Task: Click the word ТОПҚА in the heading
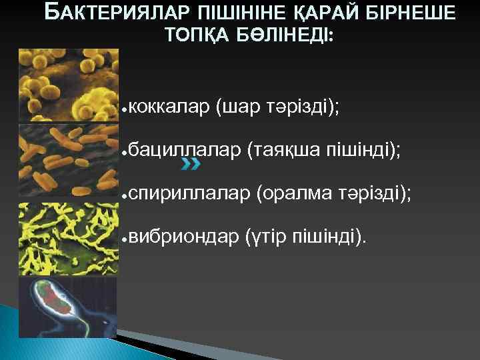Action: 195,37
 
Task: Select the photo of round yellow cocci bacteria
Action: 69,85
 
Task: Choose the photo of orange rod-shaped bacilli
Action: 69,160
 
